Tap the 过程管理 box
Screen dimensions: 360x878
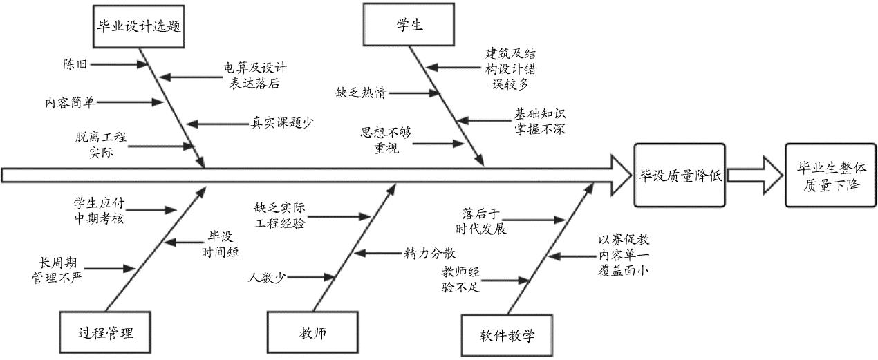click(105, 333)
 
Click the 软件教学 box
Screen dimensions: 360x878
click(507, 336)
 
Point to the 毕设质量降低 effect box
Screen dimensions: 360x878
click(679, 176)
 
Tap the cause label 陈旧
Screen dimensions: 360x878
click(75, 65)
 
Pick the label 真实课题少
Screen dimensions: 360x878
click(281, 124)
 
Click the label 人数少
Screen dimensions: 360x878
click(268, 278)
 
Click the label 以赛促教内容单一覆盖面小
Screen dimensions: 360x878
click(623, 255)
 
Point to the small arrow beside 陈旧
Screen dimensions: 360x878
click(120, 65)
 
